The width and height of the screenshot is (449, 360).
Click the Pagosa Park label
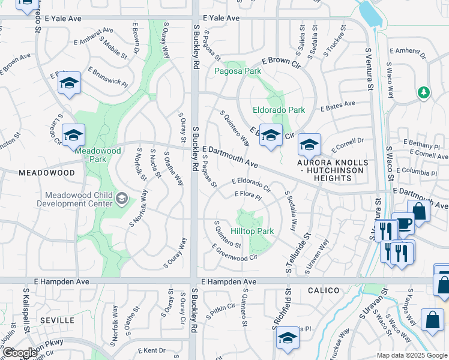[238, 71]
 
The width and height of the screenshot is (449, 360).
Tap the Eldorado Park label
[279, 110]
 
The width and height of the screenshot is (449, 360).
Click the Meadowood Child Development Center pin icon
[122, 199]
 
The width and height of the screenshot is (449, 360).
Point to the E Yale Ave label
[221, 18]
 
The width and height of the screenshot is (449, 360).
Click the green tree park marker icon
[424, 92]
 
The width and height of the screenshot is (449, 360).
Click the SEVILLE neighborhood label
[57, 320]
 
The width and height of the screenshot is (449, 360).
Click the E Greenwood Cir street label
[234, 253]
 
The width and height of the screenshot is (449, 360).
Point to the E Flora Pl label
[248, 195]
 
